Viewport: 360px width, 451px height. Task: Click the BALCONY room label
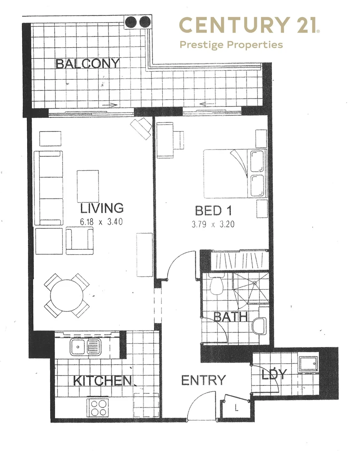coord(88,64)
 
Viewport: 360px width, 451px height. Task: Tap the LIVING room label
coord(102,208)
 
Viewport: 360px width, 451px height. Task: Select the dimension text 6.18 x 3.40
coord(102,222)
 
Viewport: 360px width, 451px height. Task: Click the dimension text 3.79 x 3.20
coord(213,224)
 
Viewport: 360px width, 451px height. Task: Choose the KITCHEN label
coord(103,380)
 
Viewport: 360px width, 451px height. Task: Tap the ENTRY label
coord(203,380)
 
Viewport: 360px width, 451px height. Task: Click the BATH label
coord(231,317)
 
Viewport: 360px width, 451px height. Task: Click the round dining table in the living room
coord(67,295)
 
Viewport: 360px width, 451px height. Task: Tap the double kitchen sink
coord(85,346)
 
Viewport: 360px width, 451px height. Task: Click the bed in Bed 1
coord(234,173)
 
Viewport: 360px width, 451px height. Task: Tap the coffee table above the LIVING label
coord(88,185)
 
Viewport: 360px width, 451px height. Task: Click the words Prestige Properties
coord(231,45)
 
